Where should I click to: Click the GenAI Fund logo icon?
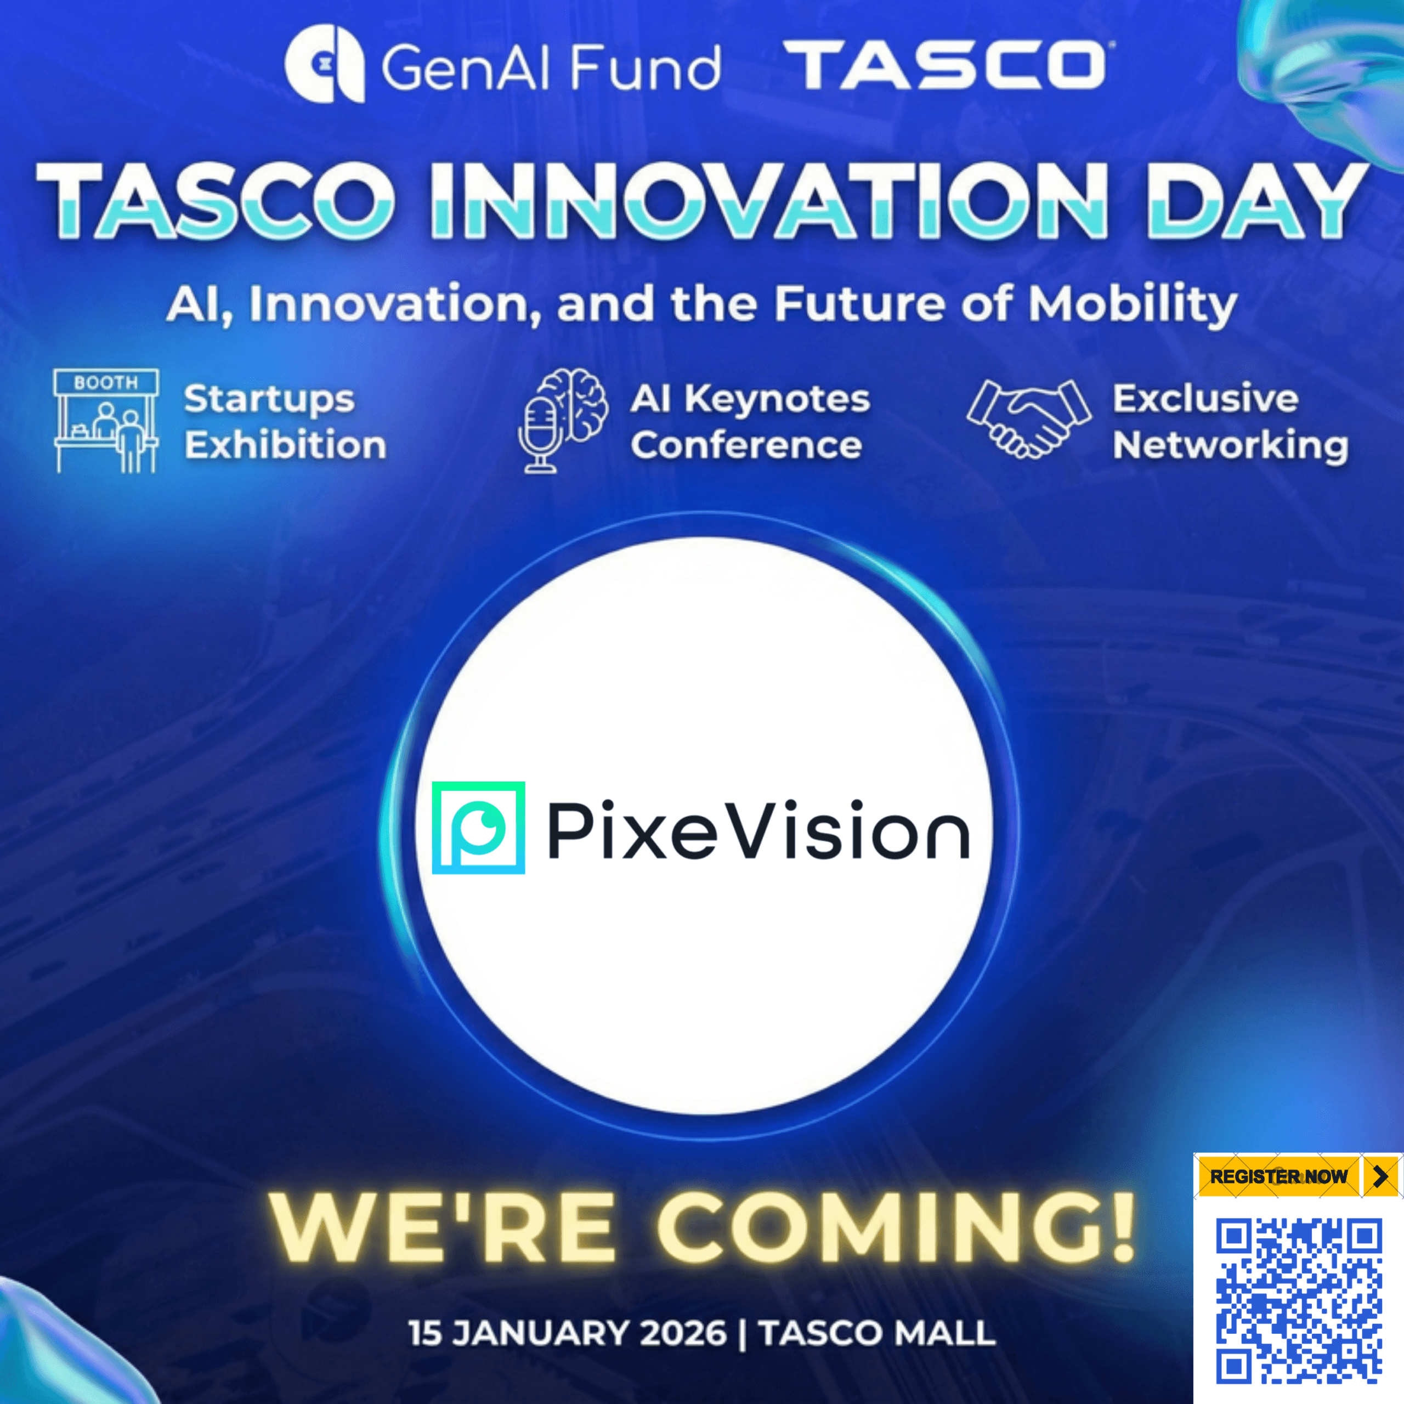click(x=324, y=65)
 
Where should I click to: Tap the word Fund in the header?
click(x=644, y=67)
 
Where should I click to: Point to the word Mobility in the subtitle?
click(x=1132, y=304)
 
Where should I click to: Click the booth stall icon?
click(x=106, y=421)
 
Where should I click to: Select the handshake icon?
click(x=1028, y=420)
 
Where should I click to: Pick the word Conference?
click(x=746, y=445)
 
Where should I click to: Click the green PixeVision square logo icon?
click(x=478, y=827)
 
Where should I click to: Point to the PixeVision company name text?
click(x=758, y=829)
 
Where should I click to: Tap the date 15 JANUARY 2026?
click(x=568, y=1333)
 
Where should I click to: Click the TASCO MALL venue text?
click(x=877, y=1333)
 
